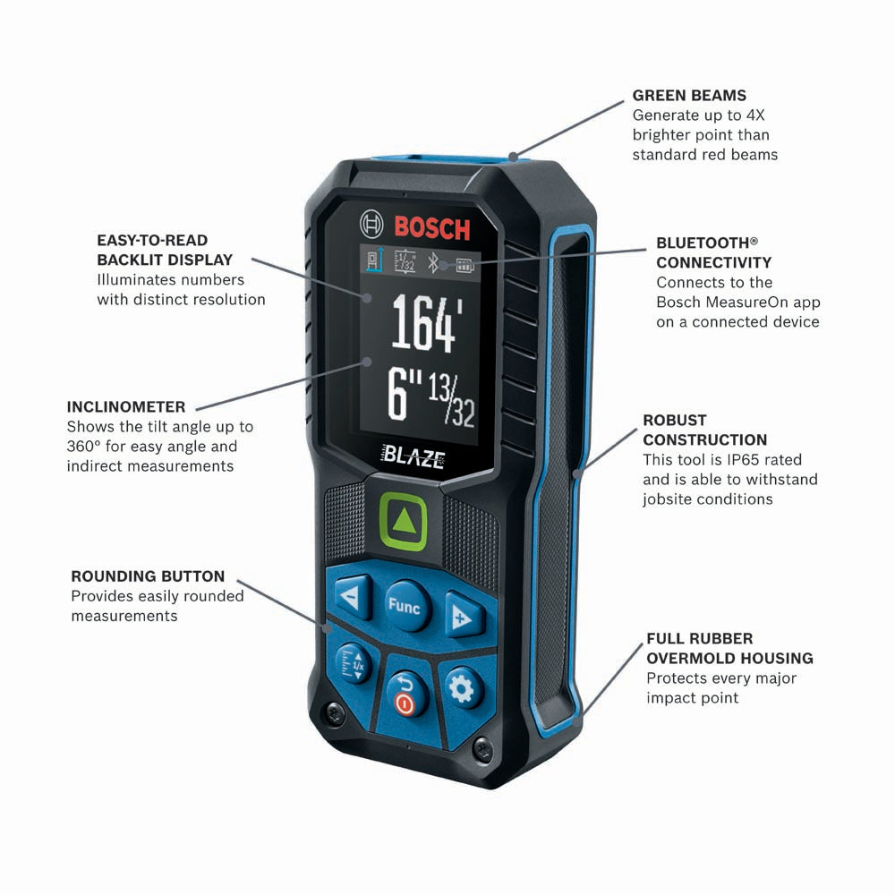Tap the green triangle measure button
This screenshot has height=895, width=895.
[403, 523]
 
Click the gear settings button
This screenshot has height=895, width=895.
[462, 689]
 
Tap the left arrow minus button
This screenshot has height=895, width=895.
[353, 597]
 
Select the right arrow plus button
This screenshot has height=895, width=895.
[463, 615]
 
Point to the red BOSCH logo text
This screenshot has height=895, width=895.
[432, 227]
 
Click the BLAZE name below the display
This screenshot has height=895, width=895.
[413, 456]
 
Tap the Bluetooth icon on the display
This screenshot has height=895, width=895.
[432, 262]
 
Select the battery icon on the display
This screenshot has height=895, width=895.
[465, 266]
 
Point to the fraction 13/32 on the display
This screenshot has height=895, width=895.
[451, 398]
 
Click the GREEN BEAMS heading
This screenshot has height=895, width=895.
[689, 96]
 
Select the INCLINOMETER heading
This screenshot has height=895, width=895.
[126, 407]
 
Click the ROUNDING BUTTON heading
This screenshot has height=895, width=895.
[148, 576]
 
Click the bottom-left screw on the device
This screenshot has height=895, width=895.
[335, 712]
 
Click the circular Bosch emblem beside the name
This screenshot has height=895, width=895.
[371, 224]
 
